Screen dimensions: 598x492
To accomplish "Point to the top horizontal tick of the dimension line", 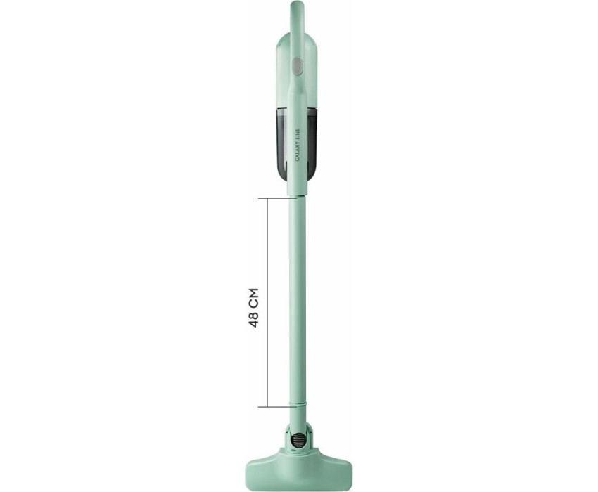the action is click(x=278, y=198).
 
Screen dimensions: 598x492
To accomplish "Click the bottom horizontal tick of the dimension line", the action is click(x=278, y=407).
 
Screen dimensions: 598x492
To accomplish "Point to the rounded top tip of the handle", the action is click(x=298, y=3).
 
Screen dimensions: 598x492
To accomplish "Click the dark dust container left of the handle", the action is click(x=282, y=143).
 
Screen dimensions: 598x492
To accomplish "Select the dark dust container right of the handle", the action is click(x=314, y=143).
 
